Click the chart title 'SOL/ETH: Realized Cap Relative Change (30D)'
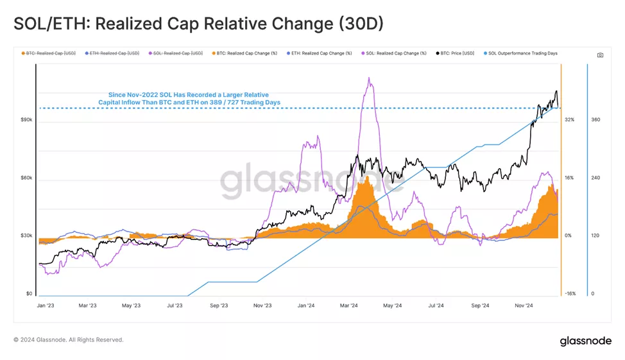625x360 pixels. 198,24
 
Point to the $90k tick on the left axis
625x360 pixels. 26,120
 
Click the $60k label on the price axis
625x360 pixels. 26,178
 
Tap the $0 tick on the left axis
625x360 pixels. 30,294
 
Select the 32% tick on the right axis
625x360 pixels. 569,120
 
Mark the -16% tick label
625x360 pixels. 570,294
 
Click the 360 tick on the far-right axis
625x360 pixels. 595,120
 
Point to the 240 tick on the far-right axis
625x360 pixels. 595,178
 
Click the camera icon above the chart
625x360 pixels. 600,55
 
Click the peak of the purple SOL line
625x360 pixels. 369,78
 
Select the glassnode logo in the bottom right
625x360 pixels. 585,341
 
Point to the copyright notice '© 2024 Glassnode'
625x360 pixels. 68,340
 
